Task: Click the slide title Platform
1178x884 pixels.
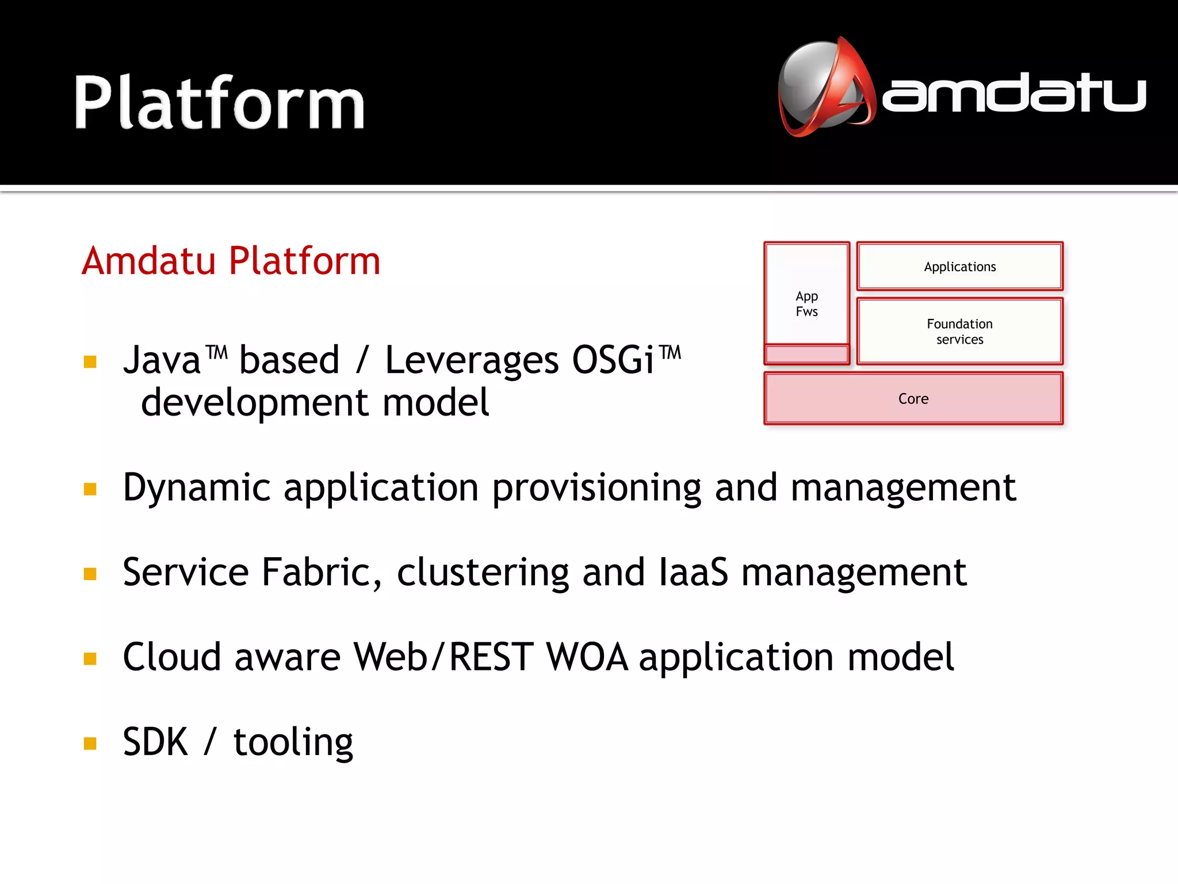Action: coord(219,104)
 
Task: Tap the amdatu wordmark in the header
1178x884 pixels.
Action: coord(1013,93)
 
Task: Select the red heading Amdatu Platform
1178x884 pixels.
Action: coord(231,261)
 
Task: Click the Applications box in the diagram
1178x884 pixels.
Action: coord(959,266)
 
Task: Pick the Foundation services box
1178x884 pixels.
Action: coord(959,331)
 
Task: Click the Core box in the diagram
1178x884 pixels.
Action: coord(913,398)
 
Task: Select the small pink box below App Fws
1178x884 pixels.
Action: coord(806,354)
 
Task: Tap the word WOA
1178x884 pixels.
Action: coord(587,657)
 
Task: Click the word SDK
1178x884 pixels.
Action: coord(155,742)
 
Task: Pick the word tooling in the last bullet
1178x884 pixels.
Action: coord(293,742)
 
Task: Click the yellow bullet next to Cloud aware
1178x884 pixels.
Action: coord(90,658)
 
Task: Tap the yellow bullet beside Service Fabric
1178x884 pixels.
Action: coord(90,574)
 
